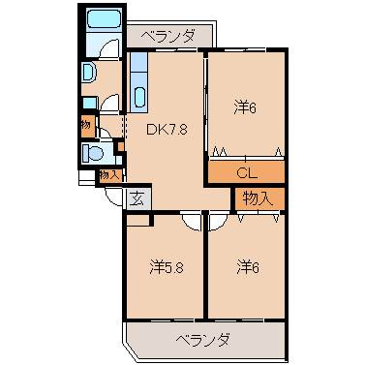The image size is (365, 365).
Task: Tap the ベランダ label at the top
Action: tap(167, 37)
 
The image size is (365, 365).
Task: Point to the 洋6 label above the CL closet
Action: tap(245, 107)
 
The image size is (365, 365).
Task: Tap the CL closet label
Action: tap(246, 172)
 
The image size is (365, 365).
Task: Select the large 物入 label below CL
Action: tap(258, 198)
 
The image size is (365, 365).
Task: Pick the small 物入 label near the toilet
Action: tap(109, 175)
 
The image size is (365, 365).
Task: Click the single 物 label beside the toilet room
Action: tap(86, 125)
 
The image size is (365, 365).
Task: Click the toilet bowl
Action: tap(95, 152)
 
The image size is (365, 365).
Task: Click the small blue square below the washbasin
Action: tap(89, 102)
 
